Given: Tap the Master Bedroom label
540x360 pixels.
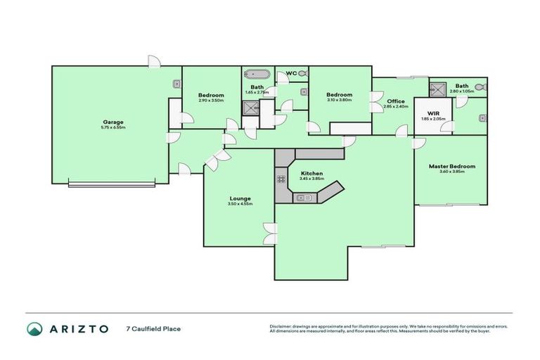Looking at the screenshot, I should pos(452,166).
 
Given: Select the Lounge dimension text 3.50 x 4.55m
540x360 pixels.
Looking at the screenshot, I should pos(240,204).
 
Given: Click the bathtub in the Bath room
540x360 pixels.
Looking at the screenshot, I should pos(257,73).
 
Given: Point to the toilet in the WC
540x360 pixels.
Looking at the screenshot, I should pos(304,72).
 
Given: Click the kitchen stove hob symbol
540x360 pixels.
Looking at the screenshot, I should pos(281,179).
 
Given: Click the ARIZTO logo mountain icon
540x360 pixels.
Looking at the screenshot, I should pos(34,329).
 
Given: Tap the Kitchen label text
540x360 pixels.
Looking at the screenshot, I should pos(311,173).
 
